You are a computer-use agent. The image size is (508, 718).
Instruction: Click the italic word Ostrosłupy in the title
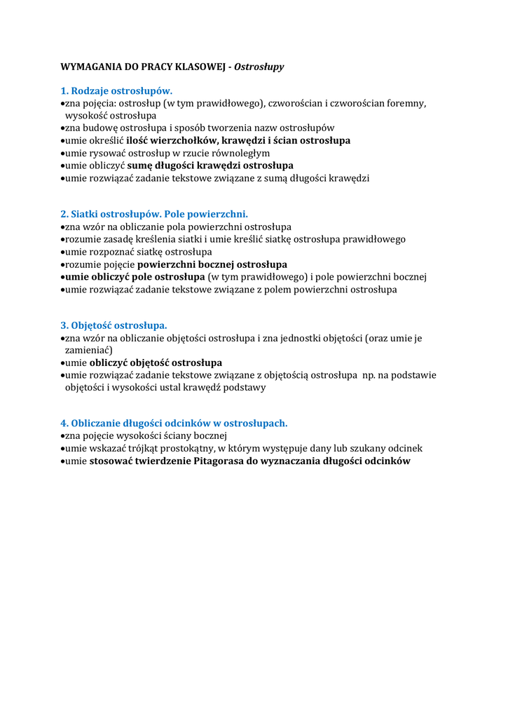coord(259,67)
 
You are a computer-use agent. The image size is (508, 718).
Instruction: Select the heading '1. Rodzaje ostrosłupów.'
coord(116,91)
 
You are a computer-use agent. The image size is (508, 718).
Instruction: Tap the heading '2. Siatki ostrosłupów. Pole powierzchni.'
coord(154,214)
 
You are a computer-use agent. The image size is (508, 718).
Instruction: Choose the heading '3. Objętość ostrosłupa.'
coord(114,325)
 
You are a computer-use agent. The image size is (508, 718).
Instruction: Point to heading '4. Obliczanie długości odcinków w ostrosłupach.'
coord(174,423)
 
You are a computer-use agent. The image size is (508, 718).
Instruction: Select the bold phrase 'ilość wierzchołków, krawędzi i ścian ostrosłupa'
coord(238,141)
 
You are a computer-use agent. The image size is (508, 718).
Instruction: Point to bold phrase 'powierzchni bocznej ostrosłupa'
coord(212,264)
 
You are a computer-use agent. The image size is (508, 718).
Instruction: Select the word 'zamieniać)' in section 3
coord(88,350)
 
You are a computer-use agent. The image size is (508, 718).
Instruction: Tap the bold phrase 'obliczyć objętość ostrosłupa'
coord(156,363)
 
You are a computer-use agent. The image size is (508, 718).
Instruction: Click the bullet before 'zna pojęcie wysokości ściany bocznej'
coord(62,436)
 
